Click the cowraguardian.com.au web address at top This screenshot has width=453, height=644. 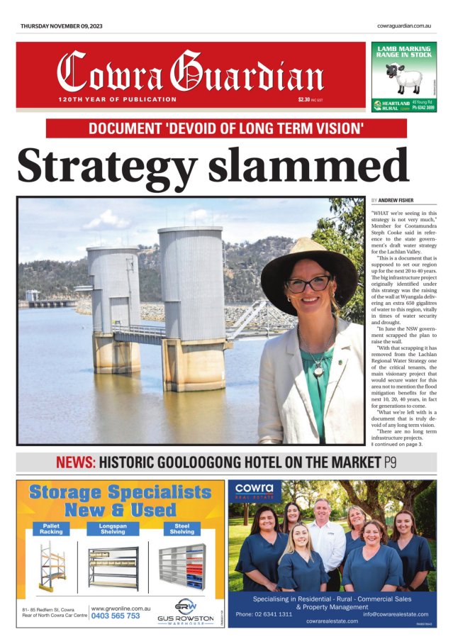coord(405,26)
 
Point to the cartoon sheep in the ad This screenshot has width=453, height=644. coord(396,77)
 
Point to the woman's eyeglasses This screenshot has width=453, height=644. coord(308,284)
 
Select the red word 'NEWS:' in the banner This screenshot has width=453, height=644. coord(75,463)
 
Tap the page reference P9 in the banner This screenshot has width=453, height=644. coord(391,463)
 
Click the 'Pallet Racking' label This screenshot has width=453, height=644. coord(50,528)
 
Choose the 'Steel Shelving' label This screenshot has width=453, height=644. coord(181,528)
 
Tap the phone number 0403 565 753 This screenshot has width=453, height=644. coord(115,616)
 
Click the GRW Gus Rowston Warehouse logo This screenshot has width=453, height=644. coord(185,611)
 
